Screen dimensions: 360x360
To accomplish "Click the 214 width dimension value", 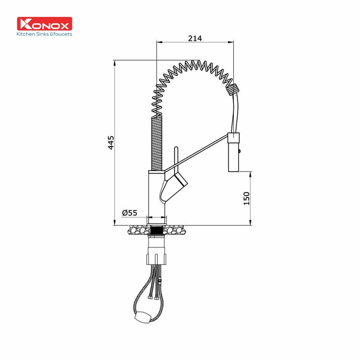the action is (195, 38).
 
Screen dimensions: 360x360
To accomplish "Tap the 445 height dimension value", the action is (111, 142).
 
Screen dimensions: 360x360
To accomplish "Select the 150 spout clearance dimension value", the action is (246, 198).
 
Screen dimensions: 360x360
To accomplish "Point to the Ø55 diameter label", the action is (129, 213).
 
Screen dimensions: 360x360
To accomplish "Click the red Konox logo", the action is (45, 24).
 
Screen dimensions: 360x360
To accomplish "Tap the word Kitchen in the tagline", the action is (26, 34).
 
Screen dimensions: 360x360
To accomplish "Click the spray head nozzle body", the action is (234, 152).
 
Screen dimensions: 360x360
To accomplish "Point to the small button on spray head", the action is (240, 151).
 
